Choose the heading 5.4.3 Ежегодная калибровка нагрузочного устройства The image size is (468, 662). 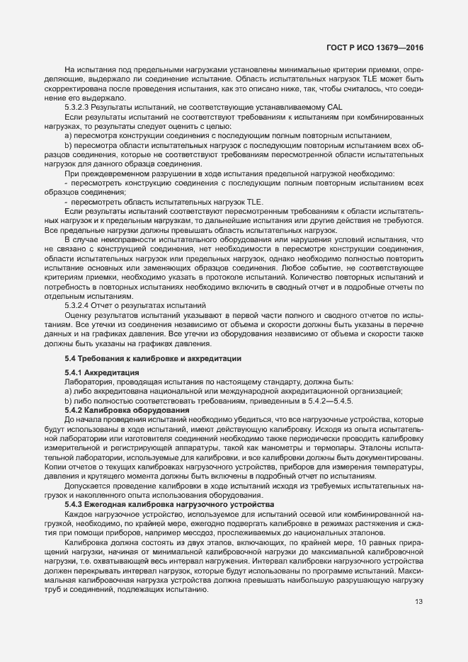[x=159, y=503]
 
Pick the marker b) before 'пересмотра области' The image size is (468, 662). [x=68, y=144]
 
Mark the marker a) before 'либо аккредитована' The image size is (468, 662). [x=68, y=391]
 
